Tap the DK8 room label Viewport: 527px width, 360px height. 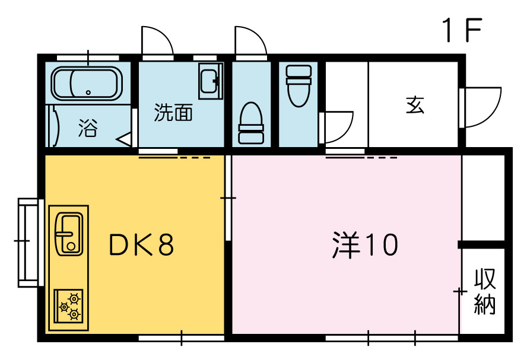point(141,244)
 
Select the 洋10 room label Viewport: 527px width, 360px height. point(364,245)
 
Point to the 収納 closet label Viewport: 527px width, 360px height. point(485,291)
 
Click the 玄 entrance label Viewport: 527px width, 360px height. point(415,105)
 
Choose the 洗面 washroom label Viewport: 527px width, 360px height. point(173,113)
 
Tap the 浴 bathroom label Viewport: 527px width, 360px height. point(88,128)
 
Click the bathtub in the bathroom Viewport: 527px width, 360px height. point(87,84)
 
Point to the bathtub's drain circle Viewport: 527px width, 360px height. point(88,93)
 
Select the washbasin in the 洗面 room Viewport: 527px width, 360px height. point(211,81)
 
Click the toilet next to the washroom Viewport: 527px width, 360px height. point(250,123)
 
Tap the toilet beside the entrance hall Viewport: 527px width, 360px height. point(299,86)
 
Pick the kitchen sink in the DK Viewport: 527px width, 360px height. point(69,234)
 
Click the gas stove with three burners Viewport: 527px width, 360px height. point(69,306)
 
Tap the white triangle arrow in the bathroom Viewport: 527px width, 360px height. point(124,139)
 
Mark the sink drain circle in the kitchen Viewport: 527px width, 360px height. point(71,247)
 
